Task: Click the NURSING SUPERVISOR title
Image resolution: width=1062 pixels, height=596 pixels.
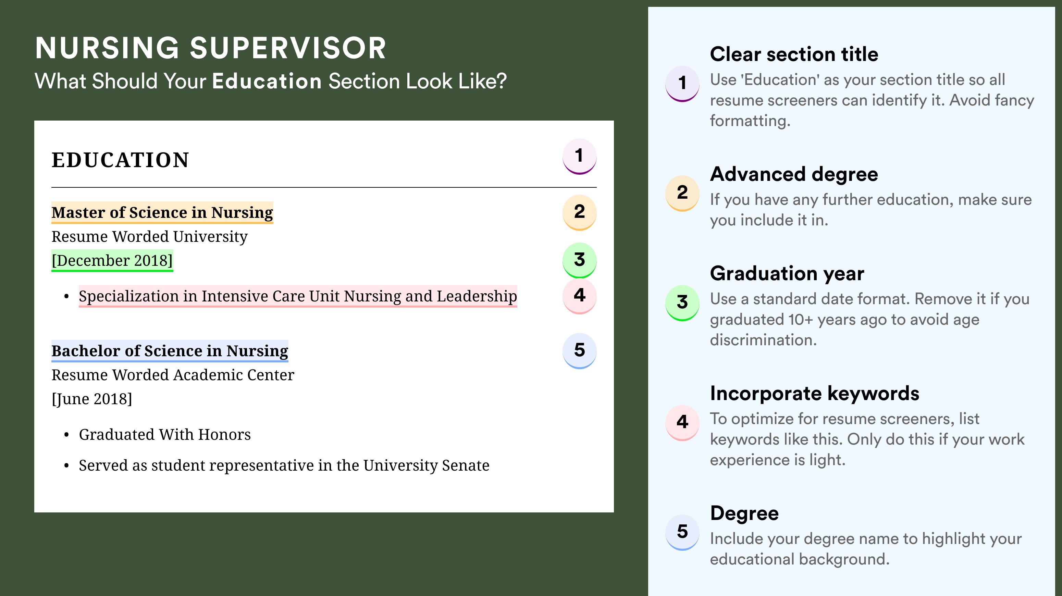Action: tap(211, 48)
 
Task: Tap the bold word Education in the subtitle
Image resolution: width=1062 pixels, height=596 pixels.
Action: tap(267, 81)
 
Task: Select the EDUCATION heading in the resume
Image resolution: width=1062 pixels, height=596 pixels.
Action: tap(120, 160)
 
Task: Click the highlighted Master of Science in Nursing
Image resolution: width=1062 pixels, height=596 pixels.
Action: tap(162, 213)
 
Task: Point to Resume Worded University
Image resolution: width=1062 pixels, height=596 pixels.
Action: tap(149, 237)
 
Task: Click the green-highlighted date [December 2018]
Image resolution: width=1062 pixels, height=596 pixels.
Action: tap(112, 260)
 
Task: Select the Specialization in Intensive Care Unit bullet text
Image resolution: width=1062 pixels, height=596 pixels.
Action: tap(298, 296)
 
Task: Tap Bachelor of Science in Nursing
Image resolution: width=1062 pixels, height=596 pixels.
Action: tap(170, 351)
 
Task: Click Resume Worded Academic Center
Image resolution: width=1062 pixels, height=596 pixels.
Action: tap(173, 375)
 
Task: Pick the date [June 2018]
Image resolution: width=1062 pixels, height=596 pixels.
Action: tap(92, 399)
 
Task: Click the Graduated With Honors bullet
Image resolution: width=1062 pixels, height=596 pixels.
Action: tap(165, 435)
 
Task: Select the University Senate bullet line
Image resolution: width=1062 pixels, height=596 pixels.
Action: tap(284, 465)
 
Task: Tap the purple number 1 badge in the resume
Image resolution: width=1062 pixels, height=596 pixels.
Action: tap(579, 156)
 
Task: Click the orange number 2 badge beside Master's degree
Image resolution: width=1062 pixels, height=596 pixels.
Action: tap(579, 212)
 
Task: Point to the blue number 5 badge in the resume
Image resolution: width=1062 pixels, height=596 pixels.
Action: tap(579, 351)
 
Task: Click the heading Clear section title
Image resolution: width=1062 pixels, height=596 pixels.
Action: tap(794, 54)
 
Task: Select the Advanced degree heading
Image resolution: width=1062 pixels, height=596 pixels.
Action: tap(794, 174)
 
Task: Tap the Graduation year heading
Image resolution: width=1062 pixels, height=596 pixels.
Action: tap(787, 274)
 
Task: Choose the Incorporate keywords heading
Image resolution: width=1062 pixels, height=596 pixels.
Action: tap(815, 394)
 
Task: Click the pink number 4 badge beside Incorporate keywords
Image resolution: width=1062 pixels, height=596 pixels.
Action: tap(682, 422)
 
